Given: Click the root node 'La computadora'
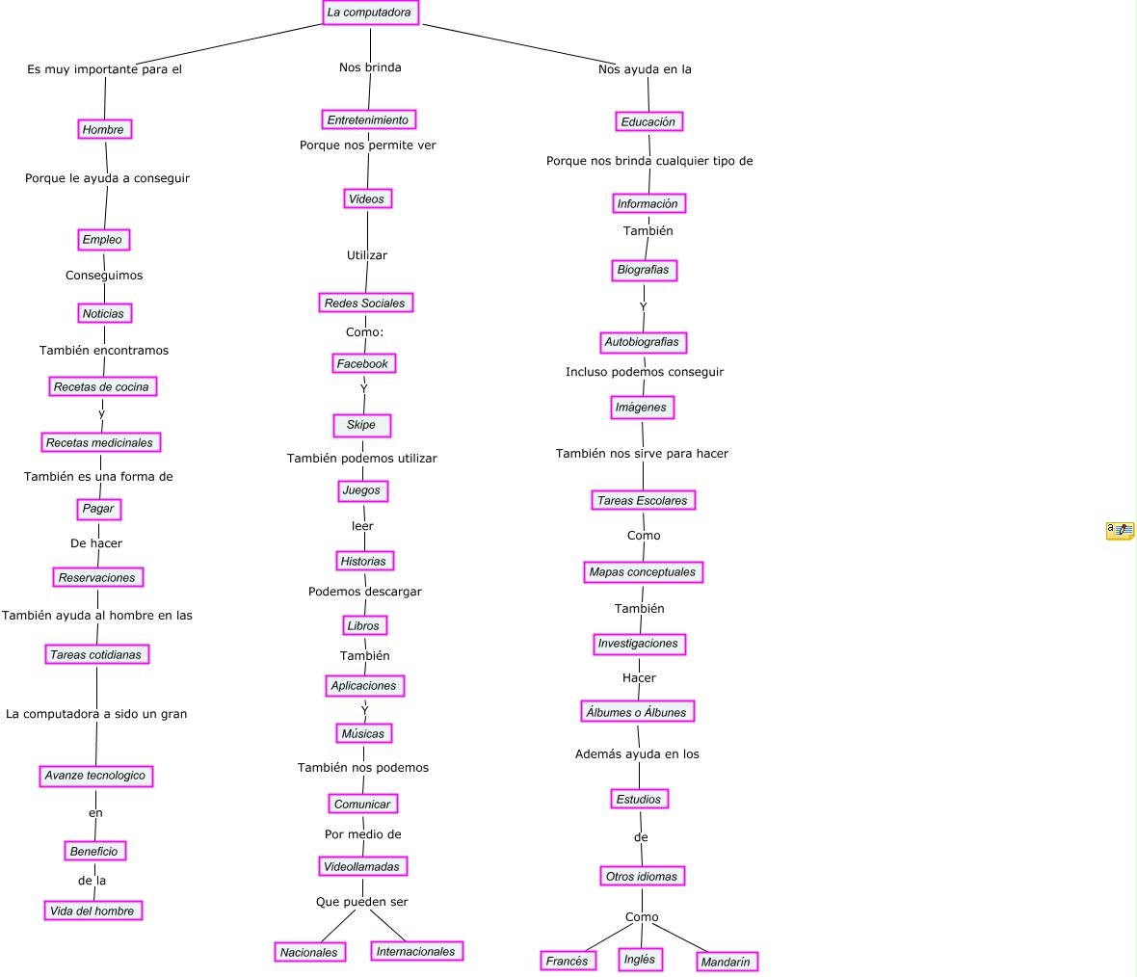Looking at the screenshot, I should (370, 13).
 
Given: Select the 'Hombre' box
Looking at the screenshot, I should (103, 129).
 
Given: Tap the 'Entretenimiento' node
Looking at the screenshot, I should (368, 119).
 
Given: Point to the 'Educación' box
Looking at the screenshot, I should (648, 121).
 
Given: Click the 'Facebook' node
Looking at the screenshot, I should (362, 363).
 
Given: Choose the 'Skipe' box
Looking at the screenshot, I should (361, 425).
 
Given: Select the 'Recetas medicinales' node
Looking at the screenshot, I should (100, 442).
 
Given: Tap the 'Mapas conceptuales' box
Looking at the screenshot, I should (643, 571).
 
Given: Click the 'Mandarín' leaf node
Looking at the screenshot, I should (727, 962).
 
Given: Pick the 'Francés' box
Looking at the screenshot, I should (567, 961).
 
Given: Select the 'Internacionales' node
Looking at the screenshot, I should (415, 951).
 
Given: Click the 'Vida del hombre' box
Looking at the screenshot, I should (93, 911).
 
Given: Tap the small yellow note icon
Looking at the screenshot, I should (1120, 530).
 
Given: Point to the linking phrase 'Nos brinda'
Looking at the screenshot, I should (370, 67).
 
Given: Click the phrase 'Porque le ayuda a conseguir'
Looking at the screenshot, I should (107, 178).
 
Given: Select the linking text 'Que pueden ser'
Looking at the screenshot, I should (362, 902).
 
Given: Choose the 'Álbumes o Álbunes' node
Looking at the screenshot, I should (638, 712).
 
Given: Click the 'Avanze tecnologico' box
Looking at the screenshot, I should (95, 776).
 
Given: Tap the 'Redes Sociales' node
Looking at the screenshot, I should (365, 303).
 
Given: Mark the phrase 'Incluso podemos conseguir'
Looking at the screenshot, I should (645, 372).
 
